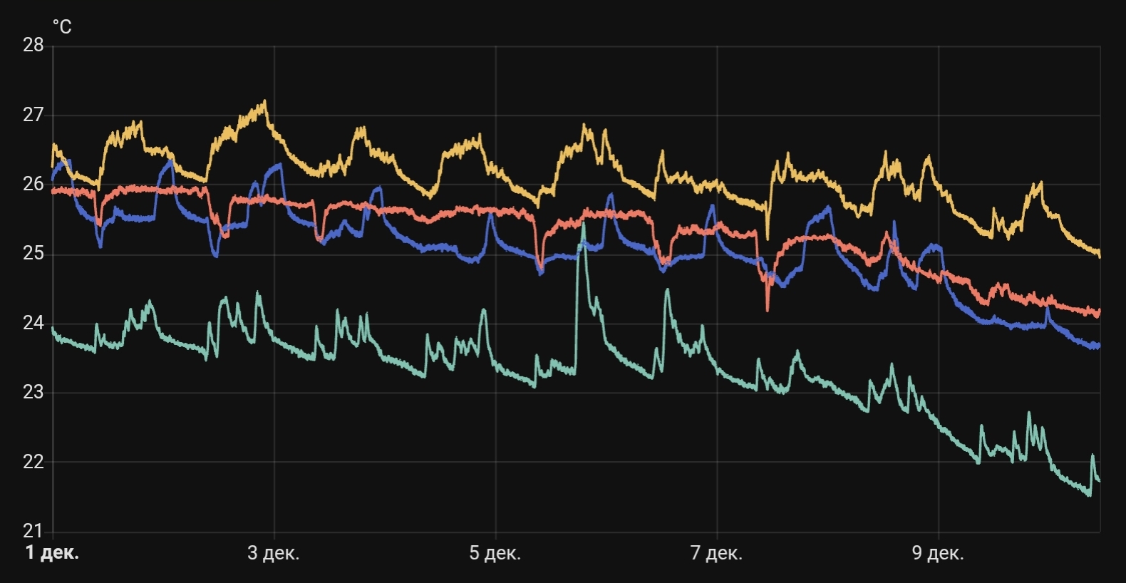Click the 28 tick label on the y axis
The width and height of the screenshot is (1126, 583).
pos(33,45)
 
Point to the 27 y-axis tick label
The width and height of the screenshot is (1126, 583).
pos(33,115)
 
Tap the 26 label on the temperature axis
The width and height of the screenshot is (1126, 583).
pos(33,184)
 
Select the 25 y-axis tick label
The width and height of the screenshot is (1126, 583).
pos(33,254)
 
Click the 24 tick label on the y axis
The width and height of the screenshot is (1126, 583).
pos(33,323)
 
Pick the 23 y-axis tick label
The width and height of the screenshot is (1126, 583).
pos(33,392)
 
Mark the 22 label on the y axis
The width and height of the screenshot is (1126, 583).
pos(33,462)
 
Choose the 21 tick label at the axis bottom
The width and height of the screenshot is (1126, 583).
pos(33,531)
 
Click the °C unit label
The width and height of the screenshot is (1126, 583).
pos(62,27)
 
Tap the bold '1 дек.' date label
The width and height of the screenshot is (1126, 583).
pos(52,553)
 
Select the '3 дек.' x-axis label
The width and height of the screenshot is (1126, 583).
pos(274,553)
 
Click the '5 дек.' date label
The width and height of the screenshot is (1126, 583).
pos(495,553)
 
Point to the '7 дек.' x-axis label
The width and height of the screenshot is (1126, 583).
pos(716,553)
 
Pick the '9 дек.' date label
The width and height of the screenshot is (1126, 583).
pos(938,553)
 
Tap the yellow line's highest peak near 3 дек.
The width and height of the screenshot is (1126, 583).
pos(265,101)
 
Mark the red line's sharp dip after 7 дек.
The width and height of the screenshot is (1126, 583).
pos(768,310)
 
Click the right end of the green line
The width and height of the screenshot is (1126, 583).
pos(1100,481)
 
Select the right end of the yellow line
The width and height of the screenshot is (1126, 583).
pos(1100,255)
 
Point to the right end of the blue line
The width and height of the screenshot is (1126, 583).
pos(1100,346)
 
